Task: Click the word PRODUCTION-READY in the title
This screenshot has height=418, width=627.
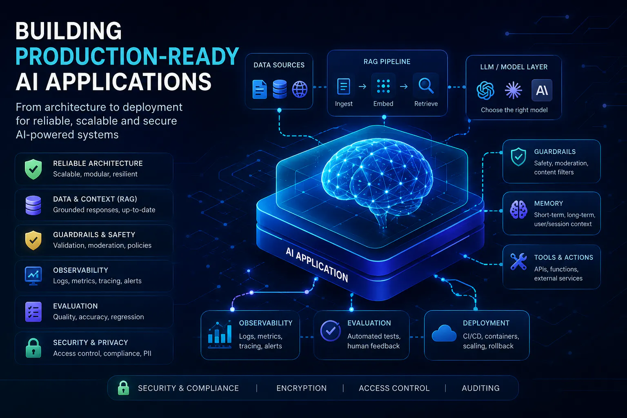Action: [127, 56]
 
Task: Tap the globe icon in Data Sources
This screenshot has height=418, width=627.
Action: [300, 89]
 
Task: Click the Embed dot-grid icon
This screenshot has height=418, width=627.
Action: [383, 86]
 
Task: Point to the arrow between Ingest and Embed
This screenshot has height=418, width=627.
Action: [362, 87]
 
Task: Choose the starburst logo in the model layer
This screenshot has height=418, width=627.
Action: [513, 90]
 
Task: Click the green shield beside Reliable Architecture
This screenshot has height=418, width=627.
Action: [33, 169]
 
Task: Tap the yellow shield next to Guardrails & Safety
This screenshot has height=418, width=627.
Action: [33, 240]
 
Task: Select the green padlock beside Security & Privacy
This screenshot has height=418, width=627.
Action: [33, 348]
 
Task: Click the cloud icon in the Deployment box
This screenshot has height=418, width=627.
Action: [444, 333]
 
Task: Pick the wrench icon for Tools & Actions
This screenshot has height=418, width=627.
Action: [518, 262]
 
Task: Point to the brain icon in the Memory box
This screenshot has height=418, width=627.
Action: [518, 209]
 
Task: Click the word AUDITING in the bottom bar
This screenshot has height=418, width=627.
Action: [480, 388]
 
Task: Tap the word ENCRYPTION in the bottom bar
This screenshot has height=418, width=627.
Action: [302, 388]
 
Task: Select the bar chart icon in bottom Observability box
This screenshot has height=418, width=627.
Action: [220, 334]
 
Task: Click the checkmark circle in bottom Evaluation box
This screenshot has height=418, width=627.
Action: [331, 331]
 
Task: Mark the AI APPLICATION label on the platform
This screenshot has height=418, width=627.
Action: [317, 265]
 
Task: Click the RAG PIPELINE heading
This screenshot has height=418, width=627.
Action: [387, 62]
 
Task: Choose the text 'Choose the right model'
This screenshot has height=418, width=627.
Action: [514, 110]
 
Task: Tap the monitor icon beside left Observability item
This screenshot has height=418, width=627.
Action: [33, 276]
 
